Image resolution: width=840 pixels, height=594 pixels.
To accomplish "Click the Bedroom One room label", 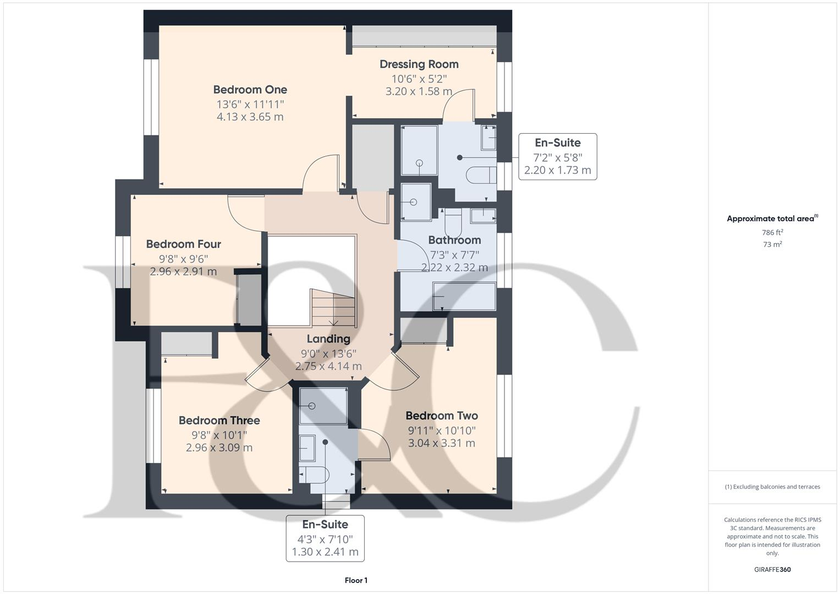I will pyautogui.click(x=250, y=90).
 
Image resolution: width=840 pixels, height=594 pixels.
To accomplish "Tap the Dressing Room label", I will pyautogui.click(x=419, y=64).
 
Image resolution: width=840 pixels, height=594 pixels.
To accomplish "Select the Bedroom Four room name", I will pyautogui.click(x=183, y=244).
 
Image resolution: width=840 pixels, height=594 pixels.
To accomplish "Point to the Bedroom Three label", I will pyautogui.click(x=219, y=421).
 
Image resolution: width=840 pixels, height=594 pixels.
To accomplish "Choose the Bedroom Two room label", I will pyautogui.click(x=441, y=416).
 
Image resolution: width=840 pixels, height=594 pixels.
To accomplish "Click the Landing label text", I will pyautogui.click(x=328, y=339).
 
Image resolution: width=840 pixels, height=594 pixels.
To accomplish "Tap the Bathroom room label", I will pyautogui.click(x=454, y=240).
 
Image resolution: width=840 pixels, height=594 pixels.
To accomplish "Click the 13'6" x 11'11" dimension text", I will pyautogui.click(x=250, y=104).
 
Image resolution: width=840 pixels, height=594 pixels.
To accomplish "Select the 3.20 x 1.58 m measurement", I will pyautogui.click(x=419, y=91).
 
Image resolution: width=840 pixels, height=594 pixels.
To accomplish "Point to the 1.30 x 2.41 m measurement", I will pyautogui.click(x=325, y=552).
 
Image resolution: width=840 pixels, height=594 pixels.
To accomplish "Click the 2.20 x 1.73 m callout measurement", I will pyautogui.click(x=557, y=170).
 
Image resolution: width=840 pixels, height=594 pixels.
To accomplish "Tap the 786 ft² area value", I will pyautogui.click(x=772, y=233).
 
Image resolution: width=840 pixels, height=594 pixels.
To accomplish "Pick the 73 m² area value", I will pyautogui.click(x=772, y=245).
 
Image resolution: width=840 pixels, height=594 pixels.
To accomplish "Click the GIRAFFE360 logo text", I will pyautogui.click(x=772, y=569).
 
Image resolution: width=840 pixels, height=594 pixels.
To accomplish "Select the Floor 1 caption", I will pyautogui.click(x=356, y=580).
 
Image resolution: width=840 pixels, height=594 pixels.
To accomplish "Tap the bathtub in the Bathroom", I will pyautogui.click(x=464, y=296).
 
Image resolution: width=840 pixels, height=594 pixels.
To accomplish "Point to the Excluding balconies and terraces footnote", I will pyautogui.click(x=772, y=487).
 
